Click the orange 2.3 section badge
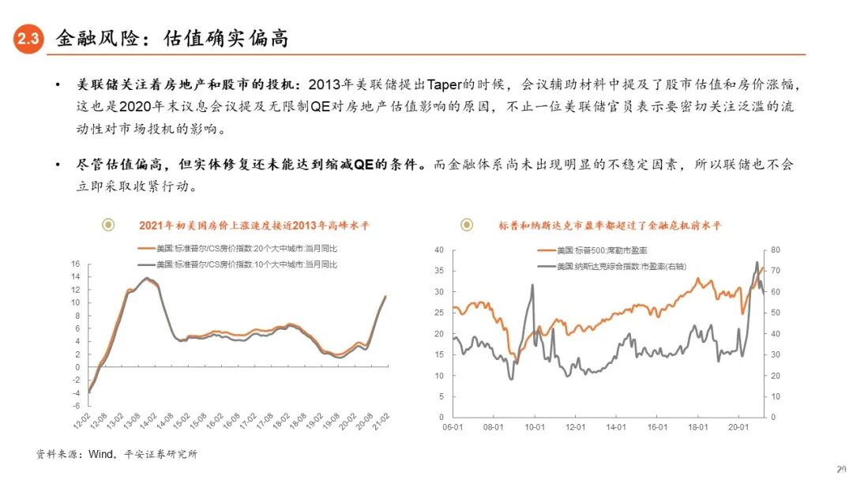point(28,39)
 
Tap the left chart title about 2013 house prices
point(254,225)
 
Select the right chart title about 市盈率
point(610,225)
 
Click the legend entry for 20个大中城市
point(246,248)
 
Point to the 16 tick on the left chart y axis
point(76,264)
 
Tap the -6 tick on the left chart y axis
point(76,405)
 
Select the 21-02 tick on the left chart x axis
point(385,419)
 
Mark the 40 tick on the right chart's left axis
point(439,249)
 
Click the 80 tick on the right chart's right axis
point(776,249)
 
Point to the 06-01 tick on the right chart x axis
point(453,427)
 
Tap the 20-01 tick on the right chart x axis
point(739,427)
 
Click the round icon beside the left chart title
point(109,225)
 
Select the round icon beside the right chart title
point(467,225)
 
